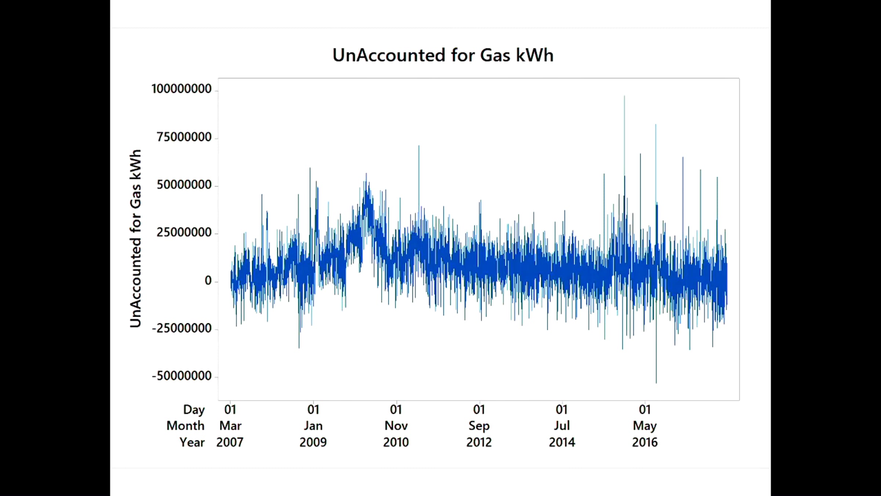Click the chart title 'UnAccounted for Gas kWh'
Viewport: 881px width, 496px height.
coord(443,55)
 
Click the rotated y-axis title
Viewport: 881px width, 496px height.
coord(136,238)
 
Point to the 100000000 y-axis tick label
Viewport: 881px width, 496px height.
coord(181,89)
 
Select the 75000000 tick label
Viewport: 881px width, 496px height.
coord(184,137)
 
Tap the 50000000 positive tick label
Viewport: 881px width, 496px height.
coord(184,185)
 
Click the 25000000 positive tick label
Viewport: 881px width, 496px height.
coord(184,233)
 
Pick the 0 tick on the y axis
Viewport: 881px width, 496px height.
coord(208,281)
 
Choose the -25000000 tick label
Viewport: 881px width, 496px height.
coord(182,328)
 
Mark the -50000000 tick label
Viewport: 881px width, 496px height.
coord(182,376)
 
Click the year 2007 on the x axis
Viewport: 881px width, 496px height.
coord(230,442)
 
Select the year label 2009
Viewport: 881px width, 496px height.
coord(313,442)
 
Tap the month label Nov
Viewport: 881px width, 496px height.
coord(396,426)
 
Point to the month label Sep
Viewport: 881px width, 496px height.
coord(479,426)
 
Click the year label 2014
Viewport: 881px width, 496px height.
coord(562,442)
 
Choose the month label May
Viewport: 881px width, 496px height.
coord(645,426)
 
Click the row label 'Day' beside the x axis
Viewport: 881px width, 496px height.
coord(194,409)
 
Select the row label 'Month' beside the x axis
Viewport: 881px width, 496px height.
coord(185,426)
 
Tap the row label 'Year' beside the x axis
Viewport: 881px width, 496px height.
coord(192,442)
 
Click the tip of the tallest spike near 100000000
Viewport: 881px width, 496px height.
coord(624,96)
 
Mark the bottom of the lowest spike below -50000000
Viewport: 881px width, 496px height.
coord(656,383)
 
